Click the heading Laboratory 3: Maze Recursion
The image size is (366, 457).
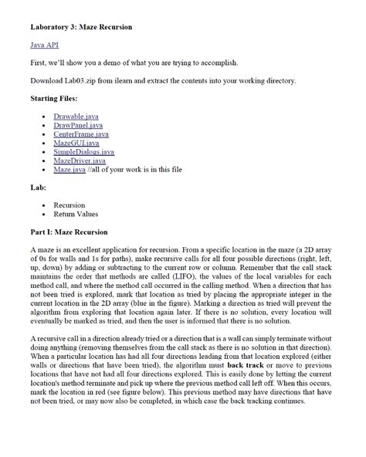pos(81,28)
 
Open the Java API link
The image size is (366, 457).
pos(46,46)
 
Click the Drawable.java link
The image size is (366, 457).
pos(76,115)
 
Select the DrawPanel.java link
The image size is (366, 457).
pos(78,124)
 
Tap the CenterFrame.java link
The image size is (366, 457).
pos(81,134)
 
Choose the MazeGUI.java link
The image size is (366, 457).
pos(76,143)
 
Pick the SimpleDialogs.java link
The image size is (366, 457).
pos(83,152)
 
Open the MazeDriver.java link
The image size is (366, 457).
pos(80,161)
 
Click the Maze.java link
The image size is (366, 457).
pos(69,171)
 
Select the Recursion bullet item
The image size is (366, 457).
pos(69,205)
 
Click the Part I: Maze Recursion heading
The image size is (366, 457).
pos(69,232)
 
